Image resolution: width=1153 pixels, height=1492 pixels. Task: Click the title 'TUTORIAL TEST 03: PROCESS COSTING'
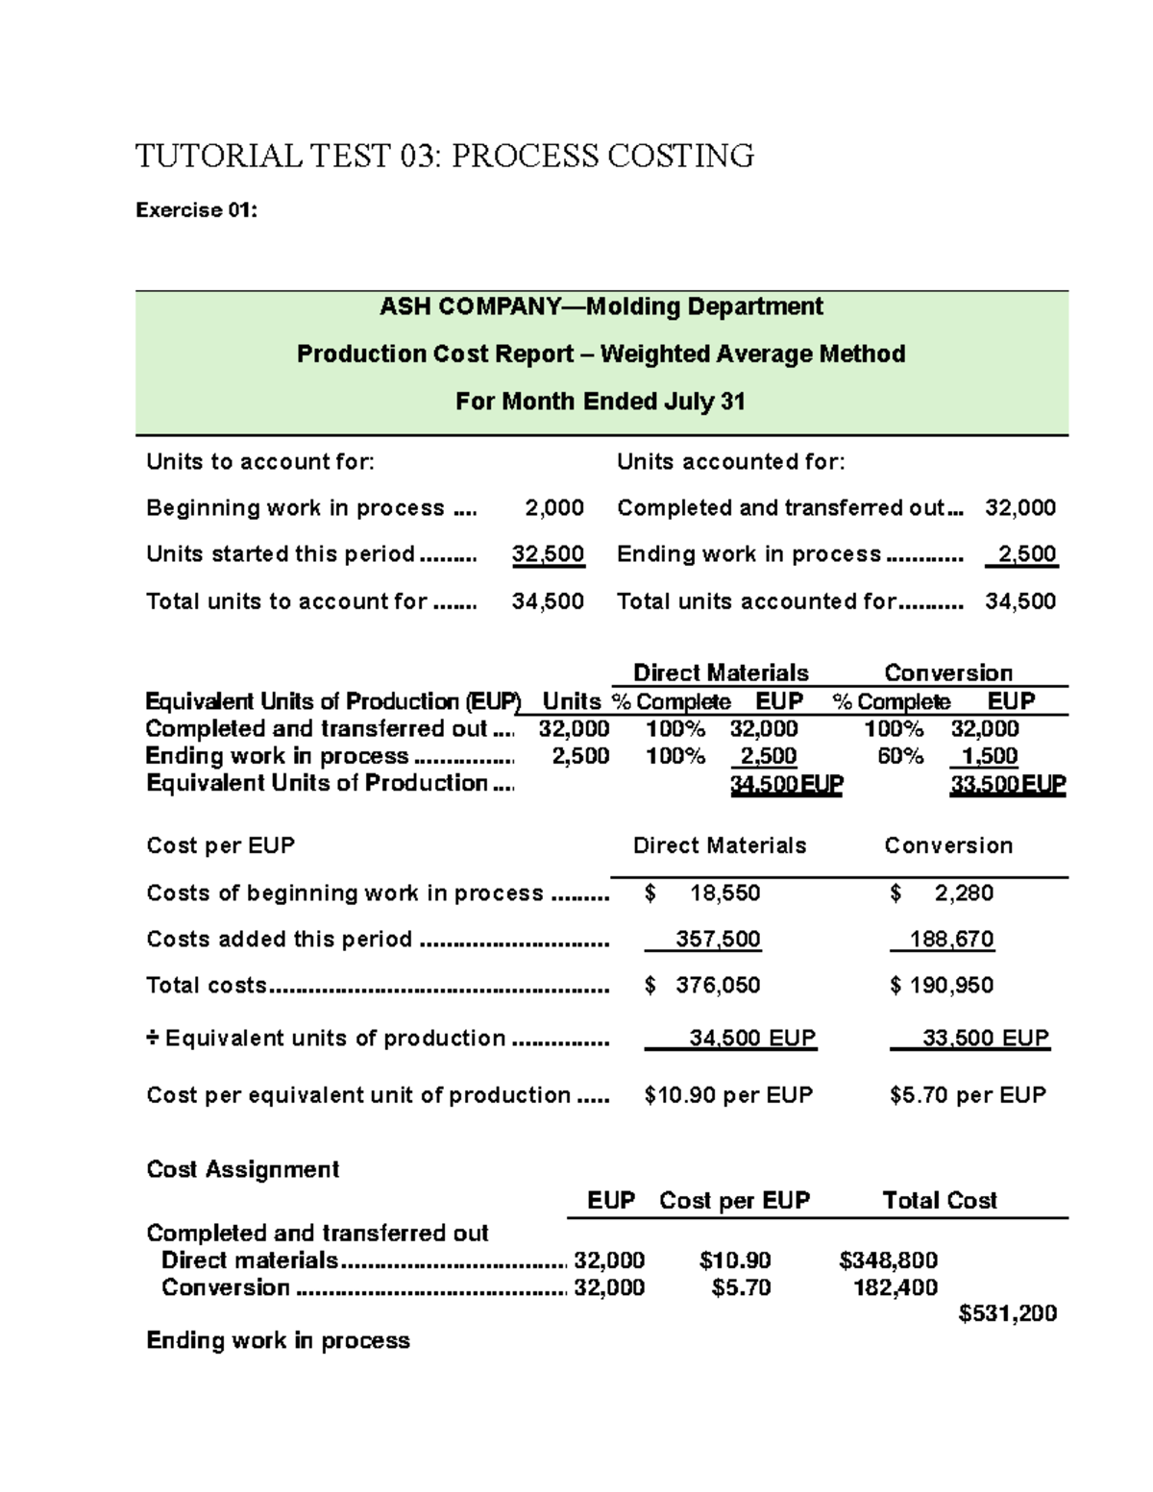click(444, 156)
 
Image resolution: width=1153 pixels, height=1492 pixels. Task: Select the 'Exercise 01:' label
click(196, 210)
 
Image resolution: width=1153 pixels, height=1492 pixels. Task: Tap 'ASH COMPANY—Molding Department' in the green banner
click(601, 306)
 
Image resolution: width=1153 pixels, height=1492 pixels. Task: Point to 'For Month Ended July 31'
click(601, 402)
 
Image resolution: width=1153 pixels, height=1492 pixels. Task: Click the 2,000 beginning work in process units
click(553, 508)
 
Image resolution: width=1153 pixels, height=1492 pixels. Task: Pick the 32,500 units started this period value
click(548, 554)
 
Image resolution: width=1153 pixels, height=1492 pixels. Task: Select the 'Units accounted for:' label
click(730, 462)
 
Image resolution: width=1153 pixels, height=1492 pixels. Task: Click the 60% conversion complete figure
click(899, 756)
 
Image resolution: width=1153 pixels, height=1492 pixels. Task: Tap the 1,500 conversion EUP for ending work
click(990, 756)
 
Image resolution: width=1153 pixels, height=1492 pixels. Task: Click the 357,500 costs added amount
click(718, 940)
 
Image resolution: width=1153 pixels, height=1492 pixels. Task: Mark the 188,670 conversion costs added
click(951, 940)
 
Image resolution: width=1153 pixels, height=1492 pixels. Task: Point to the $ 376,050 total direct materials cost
click(704, 986)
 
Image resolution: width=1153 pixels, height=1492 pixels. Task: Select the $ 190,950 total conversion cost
click(942, 986)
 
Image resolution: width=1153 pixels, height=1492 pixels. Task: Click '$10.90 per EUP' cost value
click(728, 1095)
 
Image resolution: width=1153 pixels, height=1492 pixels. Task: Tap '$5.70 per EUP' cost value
click(968, 1095)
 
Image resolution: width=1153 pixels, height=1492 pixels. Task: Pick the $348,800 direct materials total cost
click(888, 1260)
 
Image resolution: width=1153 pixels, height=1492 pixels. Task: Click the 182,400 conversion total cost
click(895, 1287)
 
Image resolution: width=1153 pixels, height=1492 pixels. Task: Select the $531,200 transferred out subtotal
click(1007, 1313)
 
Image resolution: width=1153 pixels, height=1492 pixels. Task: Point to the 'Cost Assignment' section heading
click(243, 1169)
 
